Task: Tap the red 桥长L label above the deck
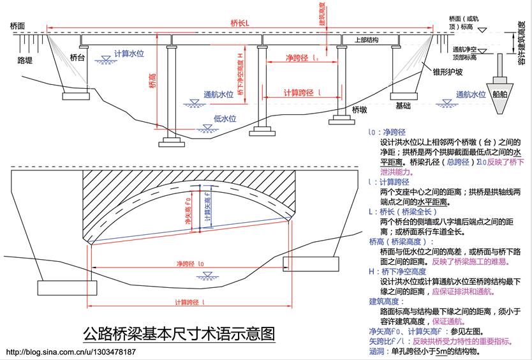point(239,23)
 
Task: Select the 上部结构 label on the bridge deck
point(361,40)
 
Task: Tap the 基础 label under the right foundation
point(403,106)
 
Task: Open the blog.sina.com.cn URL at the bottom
point(71,352)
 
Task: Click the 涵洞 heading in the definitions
point(378,351)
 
